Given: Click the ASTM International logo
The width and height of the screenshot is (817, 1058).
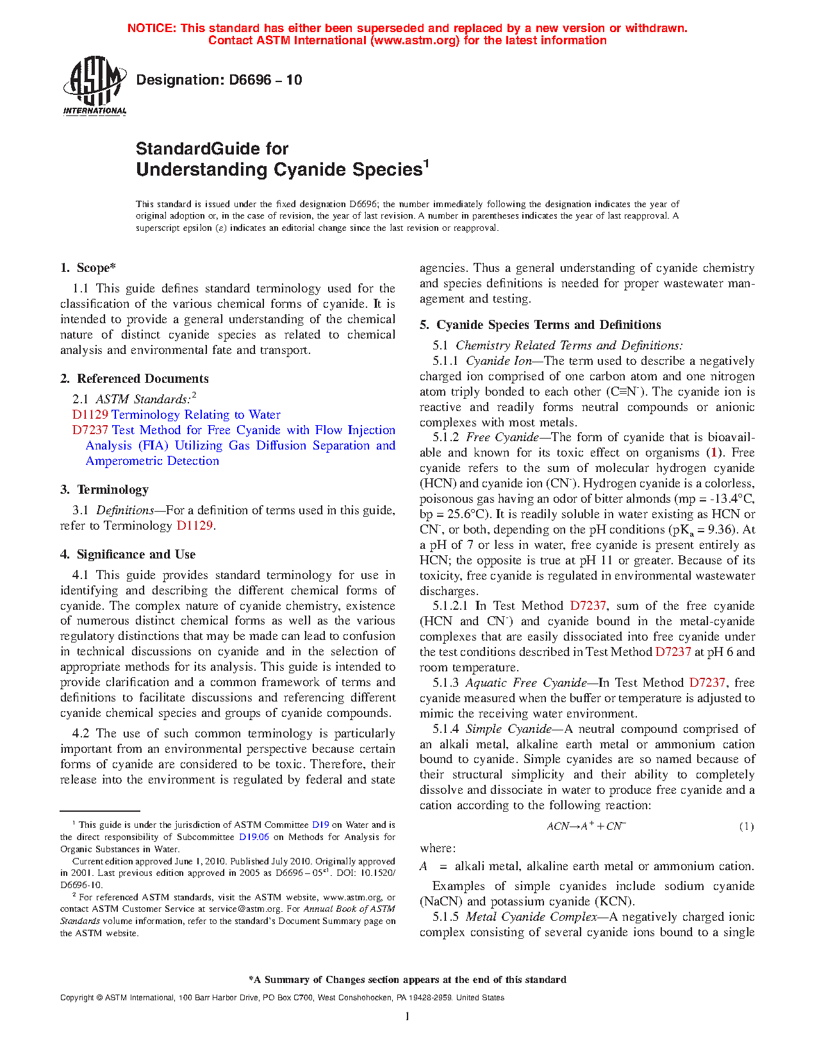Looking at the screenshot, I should click(94, 85).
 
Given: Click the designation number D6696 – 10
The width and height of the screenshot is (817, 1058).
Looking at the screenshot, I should click(219, 80).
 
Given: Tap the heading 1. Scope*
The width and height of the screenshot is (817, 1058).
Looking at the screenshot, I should click(88, 268).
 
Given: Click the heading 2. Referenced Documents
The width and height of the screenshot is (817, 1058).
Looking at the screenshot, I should click(135, 378).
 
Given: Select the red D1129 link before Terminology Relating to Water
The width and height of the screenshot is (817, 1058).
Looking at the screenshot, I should click(90, 415).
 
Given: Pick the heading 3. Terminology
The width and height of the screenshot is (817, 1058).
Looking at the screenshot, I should click(104, 490).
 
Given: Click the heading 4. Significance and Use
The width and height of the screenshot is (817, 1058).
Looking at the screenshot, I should click(128, 555).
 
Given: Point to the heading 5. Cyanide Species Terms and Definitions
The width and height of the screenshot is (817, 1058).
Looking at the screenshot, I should click(540, 325).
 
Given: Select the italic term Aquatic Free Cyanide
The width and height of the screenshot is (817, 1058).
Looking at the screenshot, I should click(525, 683).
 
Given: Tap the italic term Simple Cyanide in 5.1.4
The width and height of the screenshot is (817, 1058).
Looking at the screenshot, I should click(508, 729).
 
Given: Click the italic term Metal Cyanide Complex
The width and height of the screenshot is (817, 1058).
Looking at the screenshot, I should click(531, 917).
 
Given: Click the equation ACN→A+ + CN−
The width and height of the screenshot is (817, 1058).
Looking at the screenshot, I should click(586, 827).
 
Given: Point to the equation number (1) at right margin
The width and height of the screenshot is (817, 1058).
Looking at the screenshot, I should click(747, 827).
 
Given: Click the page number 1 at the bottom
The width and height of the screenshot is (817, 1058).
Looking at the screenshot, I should click(407, 1016).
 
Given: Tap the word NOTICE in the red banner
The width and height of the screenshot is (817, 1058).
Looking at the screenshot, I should click(151, 28).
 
